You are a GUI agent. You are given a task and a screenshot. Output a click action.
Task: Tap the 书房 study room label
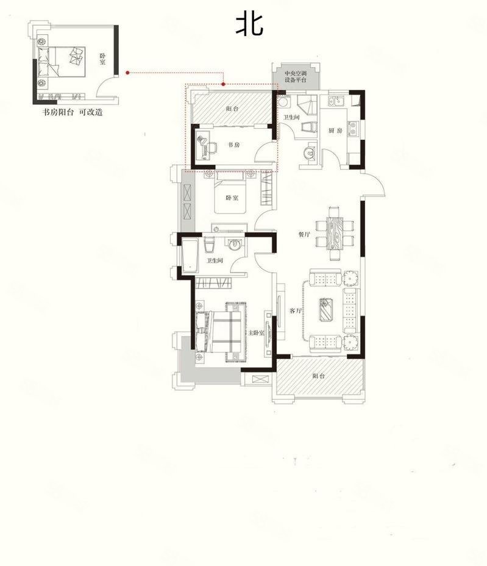coord(233,145)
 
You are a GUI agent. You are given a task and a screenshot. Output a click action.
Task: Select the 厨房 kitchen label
coord(335,131)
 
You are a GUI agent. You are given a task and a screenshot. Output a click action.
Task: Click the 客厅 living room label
coord(296,310)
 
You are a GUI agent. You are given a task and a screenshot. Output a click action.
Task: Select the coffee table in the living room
coord(327,309)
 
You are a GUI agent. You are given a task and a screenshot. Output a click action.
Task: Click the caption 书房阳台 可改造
coord(71,112)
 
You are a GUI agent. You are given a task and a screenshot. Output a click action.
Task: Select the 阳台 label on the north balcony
coord(232,108)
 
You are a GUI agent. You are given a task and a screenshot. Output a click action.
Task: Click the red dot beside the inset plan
coord(127,73)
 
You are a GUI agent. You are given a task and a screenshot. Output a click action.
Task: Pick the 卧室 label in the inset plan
coord(102,59)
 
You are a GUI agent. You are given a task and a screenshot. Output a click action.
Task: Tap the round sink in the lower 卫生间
coord(235,245)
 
